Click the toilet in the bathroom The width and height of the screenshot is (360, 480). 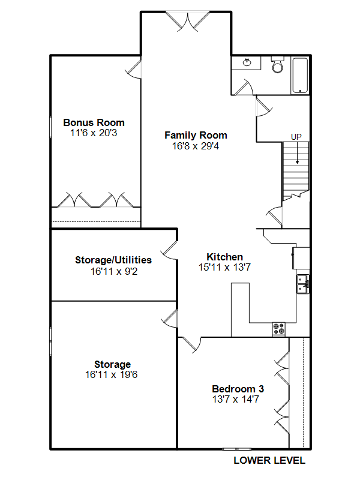278,65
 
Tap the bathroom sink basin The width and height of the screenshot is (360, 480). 247,62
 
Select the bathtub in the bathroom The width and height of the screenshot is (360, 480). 300,76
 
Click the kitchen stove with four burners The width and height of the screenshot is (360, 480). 278,329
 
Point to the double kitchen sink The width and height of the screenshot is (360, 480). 303,284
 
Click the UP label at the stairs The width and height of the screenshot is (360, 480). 296,137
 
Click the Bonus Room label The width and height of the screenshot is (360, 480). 94,122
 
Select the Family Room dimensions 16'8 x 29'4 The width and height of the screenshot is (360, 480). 196,146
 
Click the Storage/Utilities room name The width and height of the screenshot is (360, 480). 113,260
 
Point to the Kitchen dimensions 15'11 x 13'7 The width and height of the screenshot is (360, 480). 224,267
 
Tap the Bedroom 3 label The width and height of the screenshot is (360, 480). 238,389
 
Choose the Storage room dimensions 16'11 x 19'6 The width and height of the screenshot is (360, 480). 112,374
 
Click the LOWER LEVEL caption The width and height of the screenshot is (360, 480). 269,460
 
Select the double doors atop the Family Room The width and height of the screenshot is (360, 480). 188,22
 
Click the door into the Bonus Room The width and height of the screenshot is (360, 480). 133,69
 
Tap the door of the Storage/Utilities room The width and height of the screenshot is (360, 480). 169,251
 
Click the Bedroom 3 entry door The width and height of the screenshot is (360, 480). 190,344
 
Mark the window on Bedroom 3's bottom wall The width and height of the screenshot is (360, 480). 236,449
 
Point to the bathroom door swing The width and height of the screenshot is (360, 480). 244,88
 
